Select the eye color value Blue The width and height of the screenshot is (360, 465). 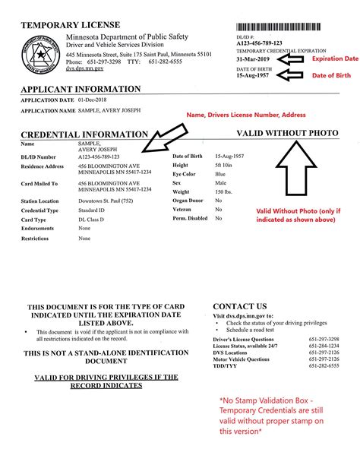pos(221,174)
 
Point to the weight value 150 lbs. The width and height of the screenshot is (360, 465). pos(225,192)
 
